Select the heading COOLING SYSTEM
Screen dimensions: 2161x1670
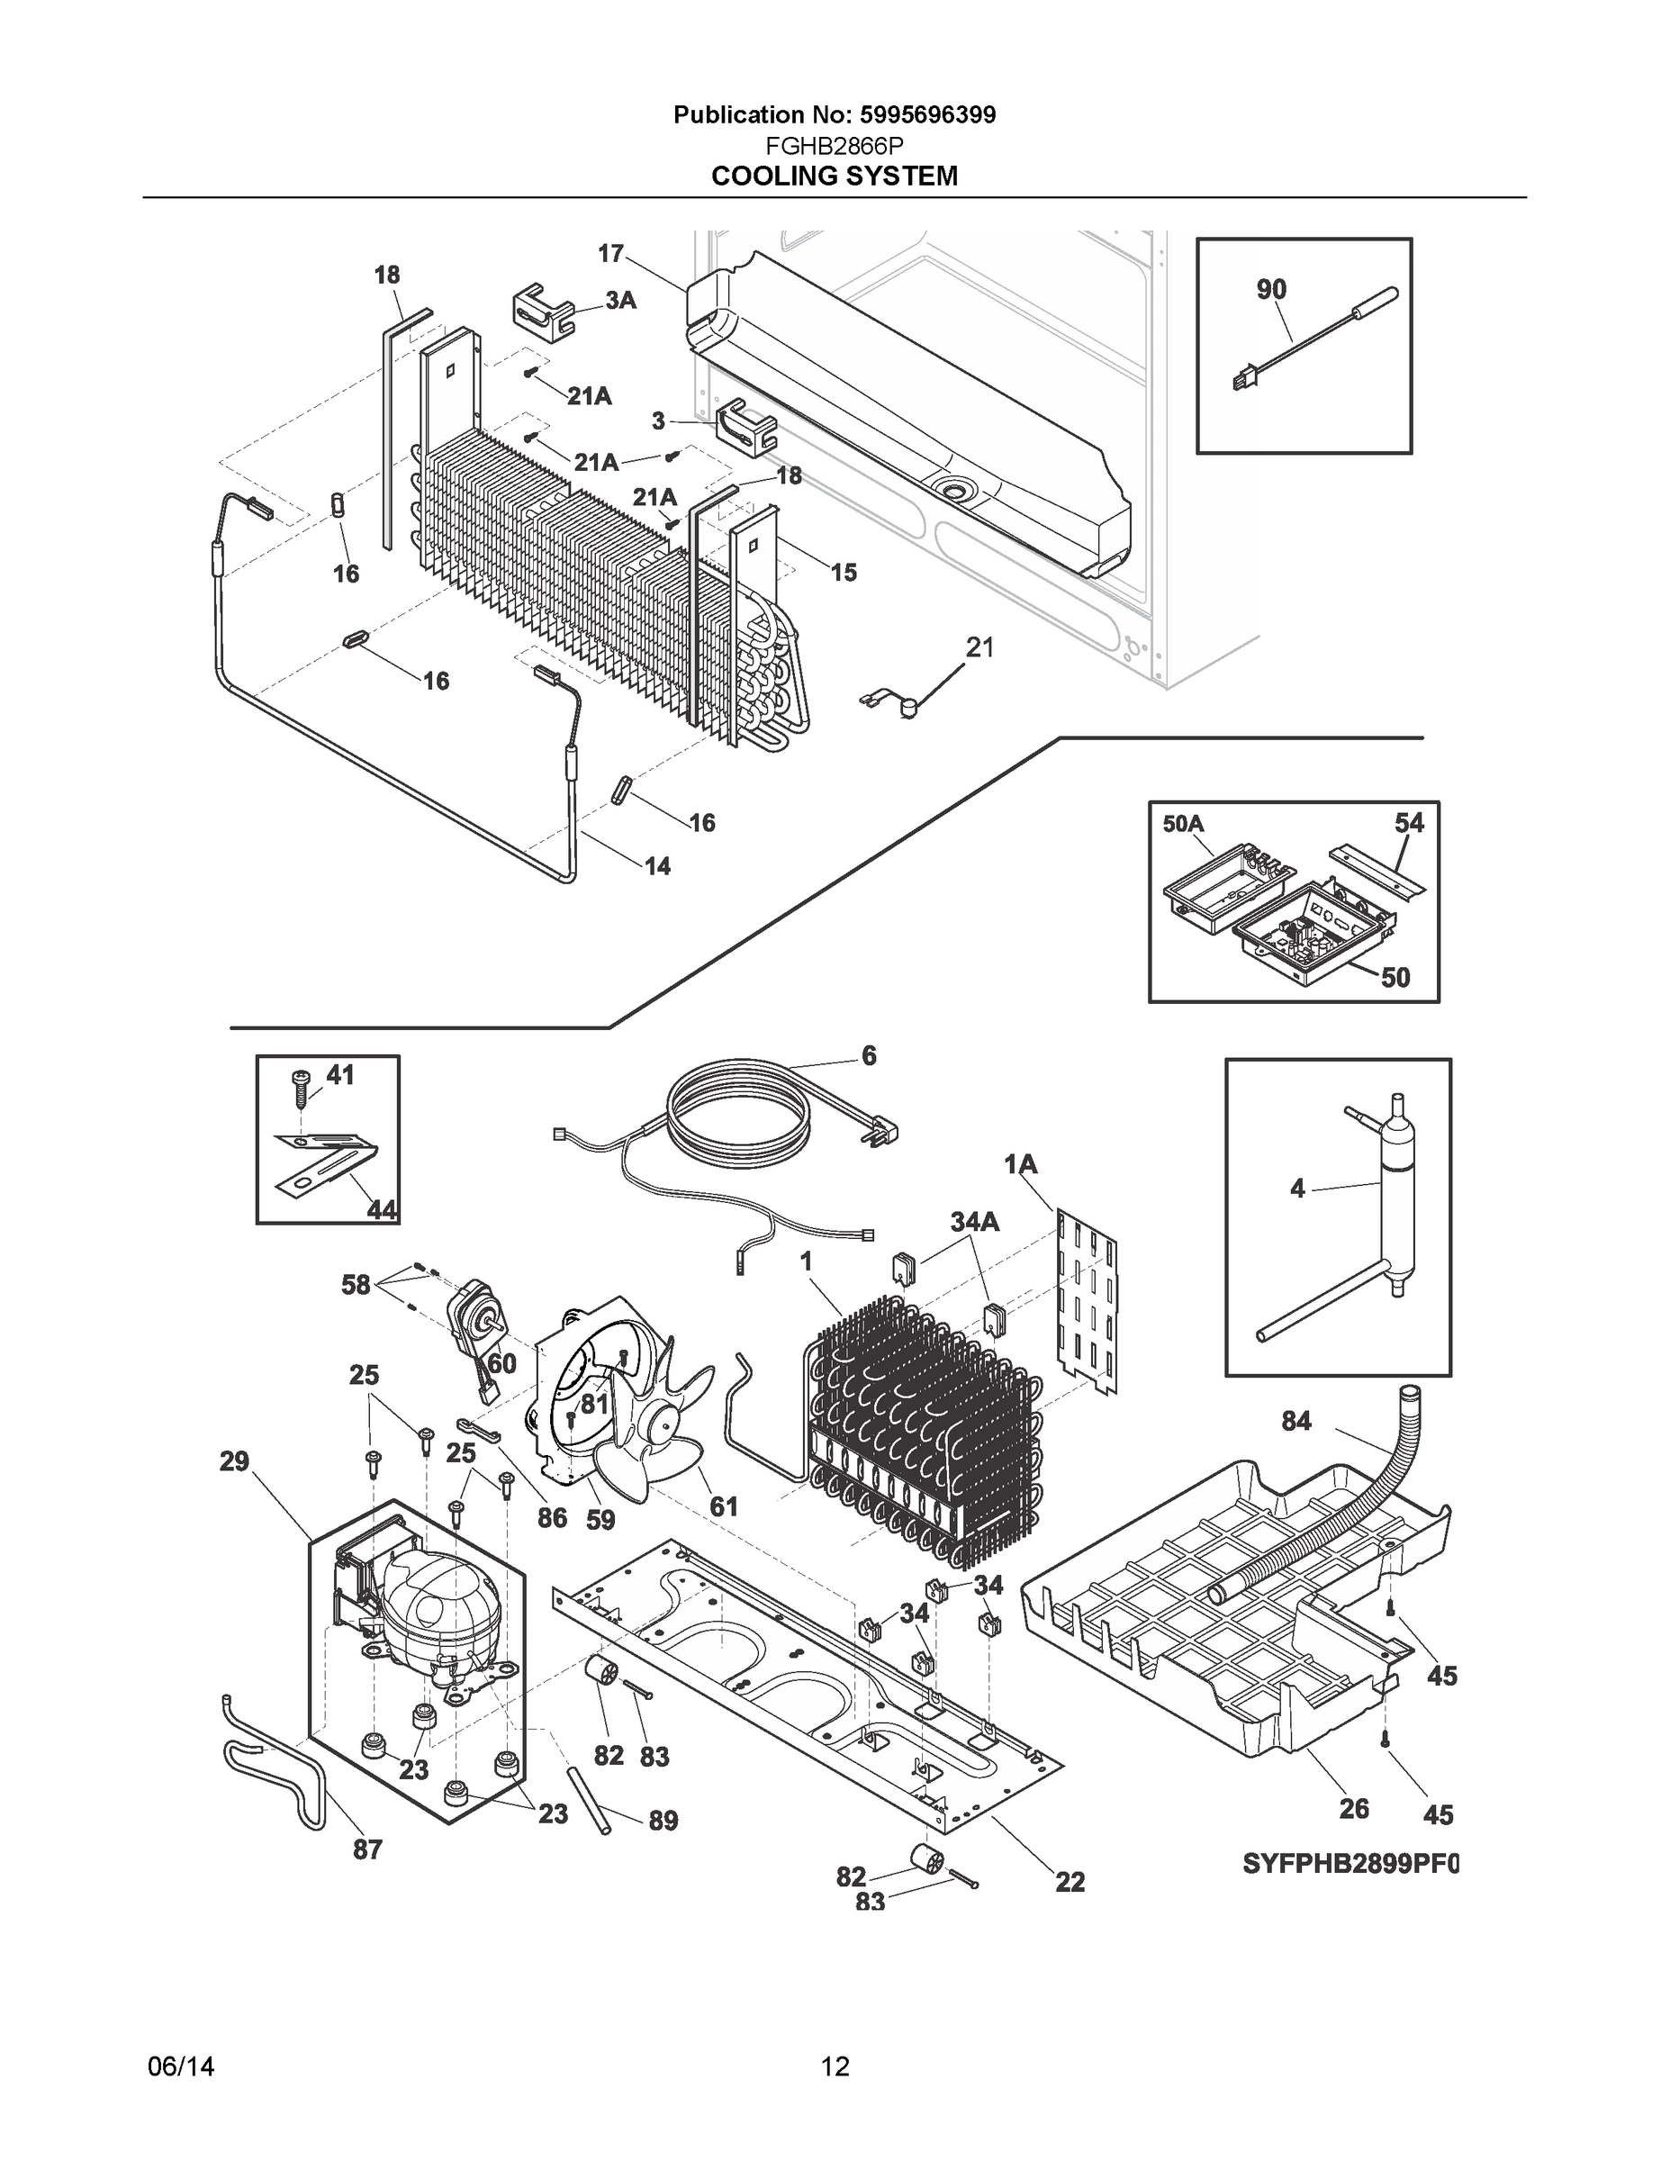coord(834,176)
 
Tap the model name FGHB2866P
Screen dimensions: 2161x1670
coord(834,147)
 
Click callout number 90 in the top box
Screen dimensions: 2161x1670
coord(1271,289)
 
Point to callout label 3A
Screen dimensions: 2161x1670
coord(620,301)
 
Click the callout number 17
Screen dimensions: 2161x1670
coord(610,253)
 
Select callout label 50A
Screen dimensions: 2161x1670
coord(1182,823)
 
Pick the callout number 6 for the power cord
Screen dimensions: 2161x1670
coord(869,1056)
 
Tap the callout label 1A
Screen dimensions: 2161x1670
coord(1021,1164)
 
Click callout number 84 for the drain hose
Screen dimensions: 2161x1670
coord(1296,1421)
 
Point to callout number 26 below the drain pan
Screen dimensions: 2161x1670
coord(1353,1808)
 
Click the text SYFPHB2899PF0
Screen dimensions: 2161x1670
coord(1350,1864)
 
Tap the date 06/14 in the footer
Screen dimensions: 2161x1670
coord(181,2066)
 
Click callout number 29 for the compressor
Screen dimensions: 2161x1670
coord(234,1460)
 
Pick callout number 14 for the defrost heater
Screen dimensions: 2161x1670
coord(657,866)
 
